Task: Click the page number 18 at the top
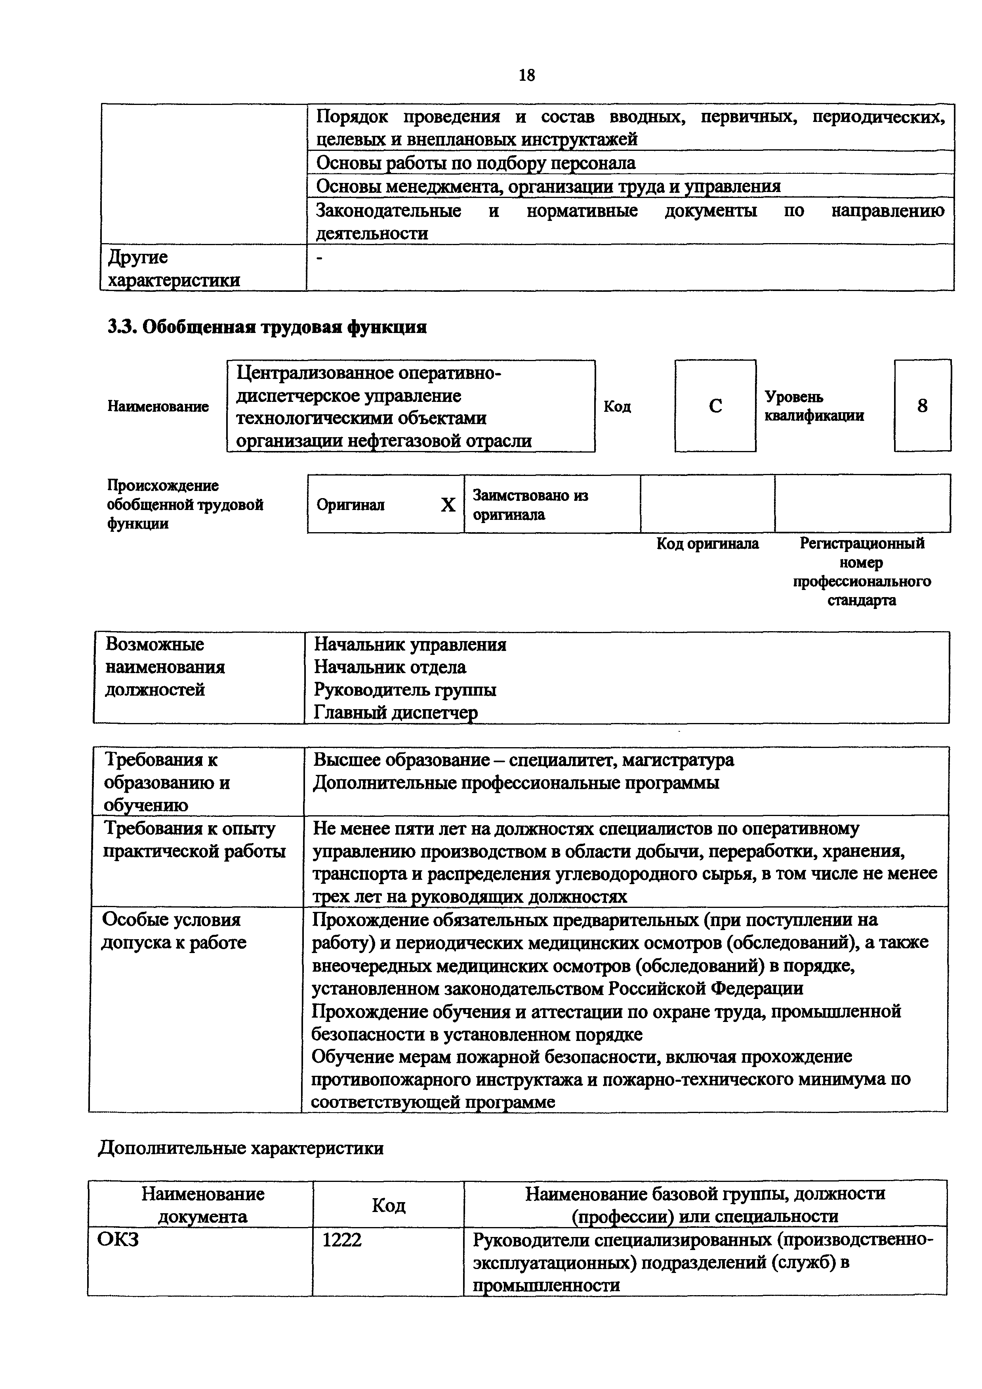tap(526, 76)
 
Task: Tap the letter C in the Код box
tap(715, 406)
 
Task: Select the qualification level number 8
tap(922, 406)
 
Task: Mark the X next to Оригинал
tap(448, 504)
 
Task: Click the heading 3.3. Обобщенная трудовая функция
tap(267, 327)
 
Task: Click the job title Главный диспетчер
tap(395, 713)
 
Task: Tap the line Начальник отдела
tap(390, 667)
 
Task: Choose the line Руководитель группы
tap(405, 690)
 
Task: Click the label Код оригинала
tap(707, 544)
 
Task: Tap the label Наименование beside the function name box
tap(158, 407)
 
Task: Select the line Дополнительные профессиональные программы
tap(516, 783)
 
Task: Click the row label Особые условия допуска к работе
tap(174, 931)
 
